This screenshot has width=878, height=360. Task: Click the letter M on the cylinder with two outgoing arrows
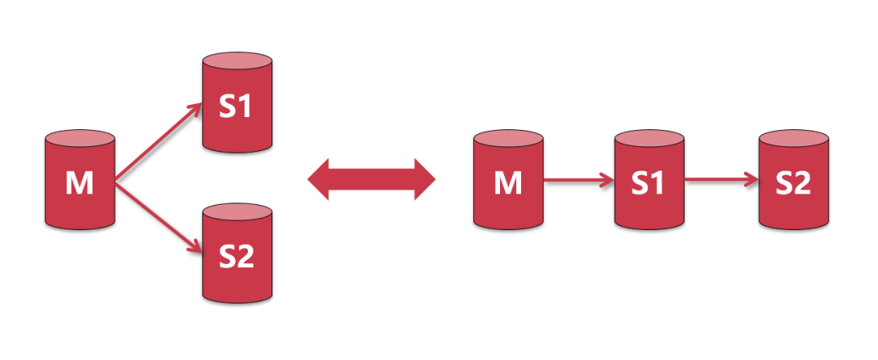click(x=79, y=184)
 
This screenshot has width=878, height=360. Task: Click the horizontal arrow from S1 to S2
click(x=720, y=180)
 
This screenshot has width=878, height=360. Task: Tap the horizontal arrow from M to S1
click(x=577, y=180)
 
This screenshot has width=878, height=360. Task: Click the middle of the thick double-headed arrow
click(x=372, y=179)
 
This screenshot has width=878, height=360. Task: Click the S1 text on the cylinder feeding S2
click(x=648, y=184)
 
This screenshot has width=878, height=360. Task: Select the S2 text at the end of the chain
click(x=793, y=184)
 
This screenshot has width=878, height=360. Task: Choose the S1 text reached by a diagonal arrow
click(x=237, y=106)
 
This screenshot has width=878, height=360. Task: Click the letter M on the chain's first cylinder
click(x=508, y=184)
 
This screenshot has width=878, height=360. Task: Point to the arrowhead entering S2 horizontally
click(x=750, y=180)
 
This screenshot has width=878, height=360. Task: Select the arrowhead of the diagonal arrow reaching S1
click(x=195, y=108)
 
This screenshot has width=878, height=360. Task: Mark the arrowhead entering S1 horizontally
click(x=606, y=180)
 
